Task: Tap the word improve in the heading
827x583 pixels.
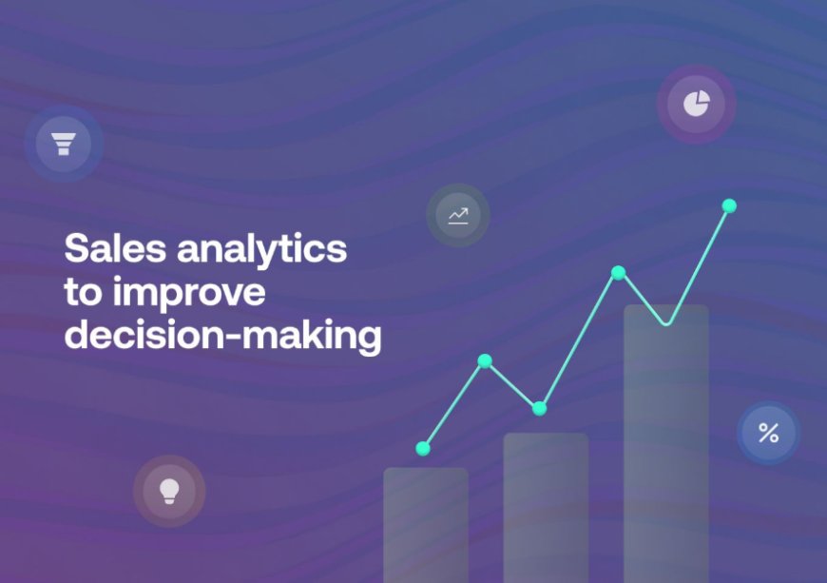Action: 190,293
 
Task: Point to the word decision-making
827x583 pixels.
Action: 222,337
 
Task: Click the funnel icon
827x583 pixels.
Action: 64,144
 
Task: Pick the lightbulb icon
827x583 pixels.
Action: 169,491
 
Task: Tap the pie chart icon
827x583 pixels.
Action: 697,104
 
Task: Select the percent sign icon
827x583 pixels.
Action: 768,434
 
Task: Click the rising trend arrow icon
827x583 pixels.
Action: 458,216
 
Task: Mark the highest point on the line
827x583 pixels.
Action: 729,205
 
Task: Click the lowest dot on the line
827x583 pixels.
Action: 423,448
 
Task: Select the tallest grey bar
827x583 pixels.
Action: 665,447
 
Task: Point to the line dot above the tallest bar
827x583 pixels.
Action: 618,273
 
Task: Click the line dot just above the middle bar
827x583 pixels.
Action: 539,408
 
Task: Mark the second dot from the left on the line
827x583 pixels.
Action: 485,360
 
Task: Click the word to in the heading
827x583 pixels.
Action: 83,293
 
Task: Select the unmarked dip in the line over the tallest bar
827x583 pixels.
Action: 666,323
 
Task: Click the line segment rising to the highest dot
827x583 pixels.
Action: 699,262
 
